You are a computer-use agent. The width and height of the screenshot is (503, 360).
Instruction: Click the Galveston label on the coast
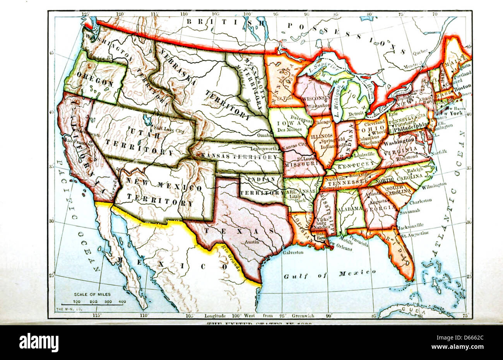pos(293,252)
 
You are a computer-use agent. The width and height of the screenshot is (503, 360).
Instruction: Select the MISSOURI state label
pos(301,164)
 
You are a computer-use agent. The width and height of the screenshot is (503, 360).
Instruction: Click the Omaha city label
pos(265,135)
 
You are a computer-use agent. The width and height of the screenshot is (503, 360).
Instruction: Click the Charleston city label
pos(420,201)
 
